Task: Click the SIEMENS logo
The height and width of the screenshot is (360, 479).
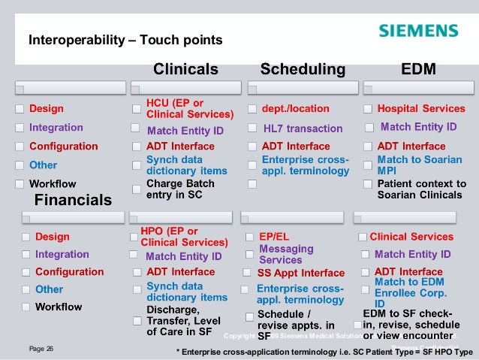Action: coord(418,32)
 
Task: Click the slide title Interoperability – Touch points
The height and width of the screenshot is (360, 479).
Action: coord(125,38)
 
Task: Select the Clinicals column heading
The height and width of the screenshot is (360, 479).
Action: coord(185,70)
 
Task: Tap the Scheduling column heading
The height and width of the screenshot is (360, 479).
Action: coord(302,70)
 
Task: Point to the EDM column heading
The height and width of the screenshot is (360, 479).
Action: coord(419,70)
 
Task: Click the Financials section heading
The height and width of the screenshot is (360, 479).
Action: coord(74,200)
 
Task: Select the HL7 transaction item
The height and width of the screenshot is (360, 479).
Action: coord(303,129)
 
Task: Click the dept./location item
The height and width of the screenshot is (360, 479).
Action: coord(295,109)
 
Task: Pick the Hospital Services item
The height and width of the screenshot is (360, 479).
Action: coord(421,109)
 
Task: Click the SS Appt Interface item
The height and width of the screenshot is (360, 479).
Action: coord(301,273)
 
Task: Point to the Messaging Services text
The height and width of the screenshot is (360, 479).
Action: coord(286,254)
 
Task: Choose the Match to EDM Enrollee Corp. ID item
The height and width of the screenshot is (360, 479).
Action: coord(411,292)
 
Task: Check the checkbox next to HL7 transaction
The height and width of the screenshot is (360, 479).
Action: coord(251,129)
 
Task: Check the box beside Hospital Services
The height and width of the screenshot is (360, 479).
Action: coord(368,109)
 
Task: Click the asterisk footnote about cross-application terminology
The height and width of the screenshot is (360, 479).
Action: coord(324,352)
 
